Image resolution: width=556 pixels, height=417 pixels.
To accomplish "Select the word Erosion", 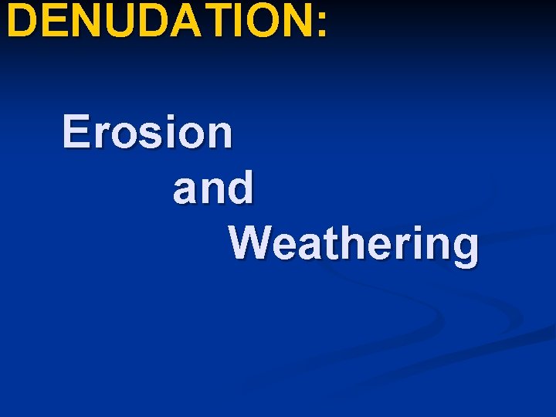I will coord(147,132).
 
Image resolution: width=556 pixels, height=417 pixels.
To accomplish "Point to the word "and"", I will coord(213,188).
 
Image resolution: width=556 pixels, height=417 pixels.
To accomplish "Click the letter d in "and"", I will coord(239,188).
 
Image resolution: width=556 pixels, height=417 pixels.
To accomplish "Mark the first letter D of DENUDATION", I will coord(22,21).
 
